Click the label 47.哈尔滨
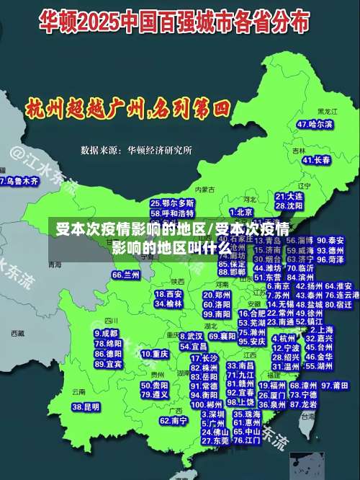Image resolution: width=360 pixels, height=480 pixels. (x=315, y=125)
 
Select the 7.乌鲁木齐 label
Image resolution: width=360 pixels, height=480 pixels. (x=19, y=181)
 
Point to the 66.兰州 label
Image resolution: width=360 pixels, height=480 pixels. (x=126, y=275)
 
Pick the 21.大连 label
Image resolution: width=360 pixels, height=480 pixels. (x=289, y=196)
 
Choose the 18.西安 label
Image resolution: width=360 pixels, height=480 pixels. (x=168, y=294)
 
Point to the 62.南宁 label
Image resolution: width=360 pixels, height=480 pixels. (x=174, y=420)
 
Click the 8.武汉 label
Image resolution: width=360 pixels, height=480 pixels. (x=191, y=336)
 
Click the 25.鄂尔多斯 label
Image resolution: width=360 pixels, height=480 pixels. (x=172, y=204)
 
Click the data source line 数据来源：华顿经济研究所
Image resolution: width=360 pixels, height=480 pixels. (x=136, y=150)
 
